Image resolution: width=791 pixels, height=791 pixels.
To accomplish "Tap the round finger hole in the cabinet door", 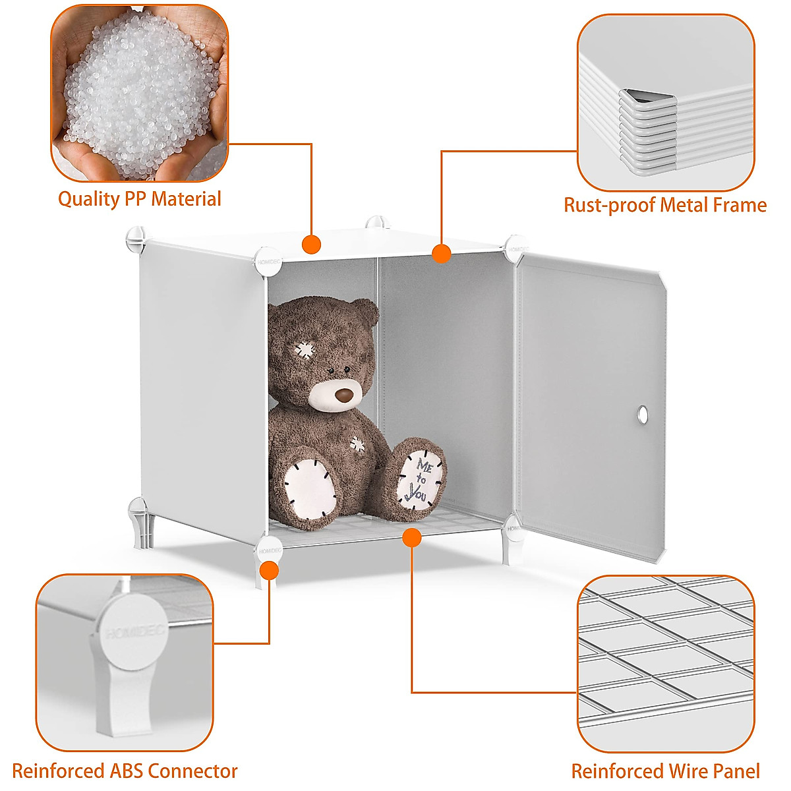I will click(642, 415).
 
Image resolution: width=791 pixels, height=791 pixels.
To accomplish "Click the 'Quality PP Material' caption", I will click(140, 198).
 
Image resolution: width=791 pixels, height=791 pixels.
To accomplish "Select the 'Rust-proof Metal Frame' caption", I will click(664, 205).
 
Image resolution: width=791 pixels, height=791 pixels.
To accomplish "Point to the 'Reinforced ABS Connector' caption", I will click(125, 771).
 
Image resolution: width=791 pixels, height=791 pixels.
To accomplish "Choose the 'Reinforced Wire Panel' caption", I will click(665, 771).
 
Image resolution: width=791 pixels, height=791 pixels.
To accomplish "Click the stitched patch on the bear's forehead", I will click(305, 349).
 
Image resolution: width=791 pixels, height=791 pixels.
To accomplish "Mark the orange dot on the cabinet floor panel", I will click(412, 538).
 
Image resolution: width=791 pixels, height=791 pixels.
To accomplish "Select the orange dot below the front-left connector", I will click(269, 570).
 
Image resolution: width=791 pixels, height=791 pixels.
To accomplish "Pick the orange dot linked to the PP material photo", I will click(311, 245).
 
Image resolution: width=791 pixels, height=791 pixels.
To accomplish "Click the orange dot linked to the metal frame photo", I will click(441, 253).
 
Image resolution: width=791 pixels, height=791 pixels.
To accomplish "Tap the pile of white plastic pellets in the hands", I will click(140, 96).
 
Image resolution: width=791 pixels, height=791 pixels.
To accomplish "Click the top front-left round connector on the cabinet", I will click(268, 260).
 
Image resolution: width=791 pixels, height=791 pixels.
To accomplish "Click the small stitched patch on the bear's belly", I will click(357, 444).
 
